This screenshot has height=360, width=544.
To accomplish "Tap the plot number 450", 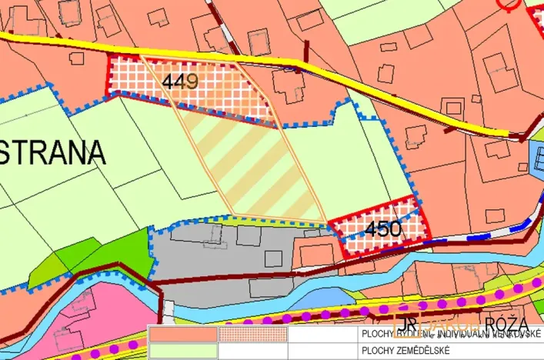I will (383, 228).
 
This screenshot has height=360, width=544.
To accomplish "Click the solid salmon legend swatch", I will (183, 335).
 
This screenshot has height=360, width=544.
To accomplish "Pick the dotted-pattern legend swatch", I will (252, 335).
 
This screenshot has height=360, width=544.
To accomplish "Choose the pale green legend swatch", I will (183, 351).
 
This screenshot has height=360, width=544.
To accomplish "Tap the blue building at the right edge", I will (538, 158).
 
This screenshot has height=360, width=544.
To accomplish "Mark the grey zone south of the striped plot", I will (231, 254).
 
